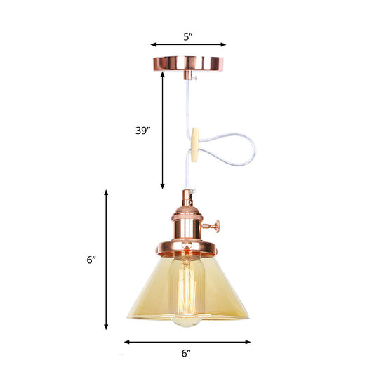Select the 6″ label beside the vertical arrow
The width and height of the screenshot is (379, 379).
tap(91, 260)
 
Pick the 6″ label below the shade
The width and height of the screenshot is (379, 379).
tap(186, 354)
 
